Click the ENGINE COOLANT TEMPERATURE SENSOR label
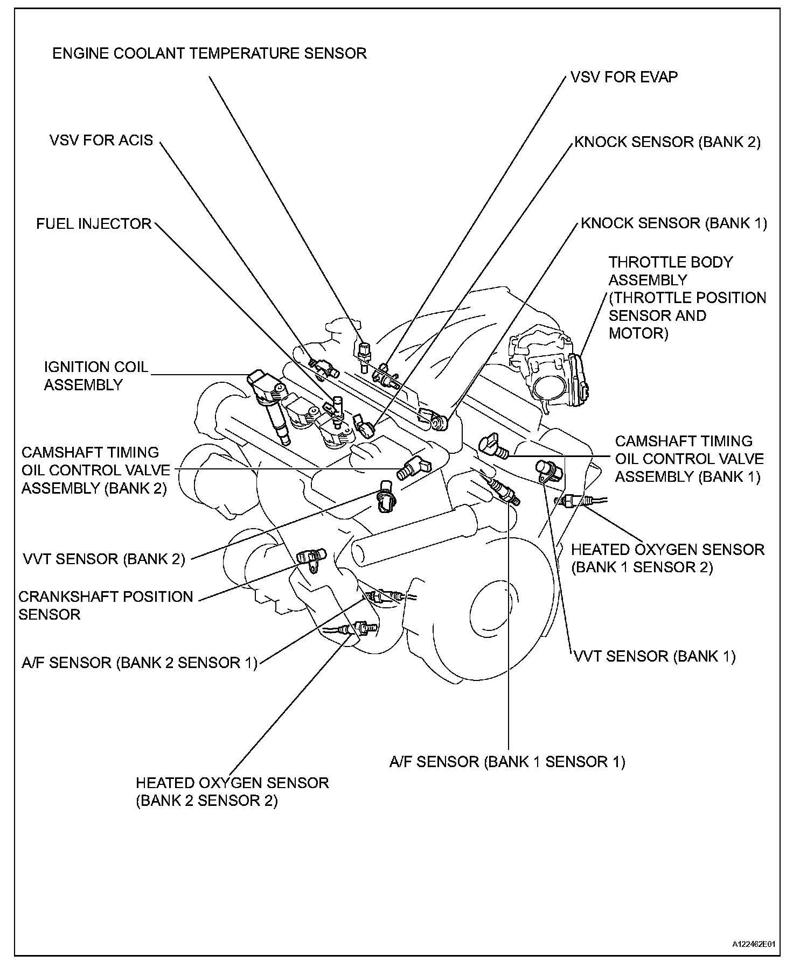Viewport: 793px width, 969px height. (209, 53)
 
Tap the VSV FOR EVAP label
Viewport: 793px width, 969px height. (624, 77)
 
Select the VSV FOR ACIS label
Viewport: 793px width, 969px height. (101, 141)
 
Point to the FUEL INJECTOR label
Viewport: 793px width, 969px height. (94, 223)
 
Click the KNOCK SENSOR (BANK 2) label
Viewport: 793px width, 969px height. (667, 142)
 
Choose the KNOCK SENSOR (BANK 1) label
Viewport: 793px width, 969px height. (673, 223)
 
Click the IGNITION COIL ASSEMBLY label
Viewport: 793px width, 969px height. (95, 376)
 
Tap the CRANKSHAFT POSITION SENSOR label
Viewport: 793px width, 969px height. (105, 605)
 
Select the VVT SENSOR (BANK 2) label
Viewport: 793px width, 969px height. (104, 559)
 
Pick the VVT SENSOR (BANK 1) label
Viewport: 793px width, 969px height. (654, 656)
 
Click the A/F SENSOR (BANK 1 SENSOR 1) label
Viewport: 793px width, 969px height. (507, 762)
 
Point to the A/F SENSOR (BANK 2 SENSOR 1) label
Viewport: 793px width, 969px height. (140, 663)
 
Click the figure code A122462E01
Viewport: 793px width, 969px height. (753, 944)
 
